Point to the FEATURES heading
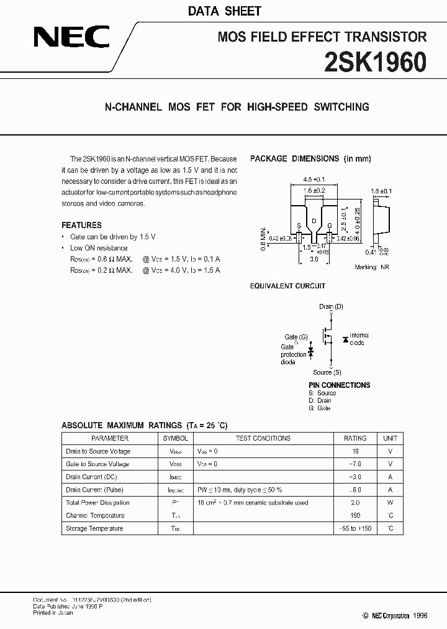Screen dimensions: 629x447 pos(81,225)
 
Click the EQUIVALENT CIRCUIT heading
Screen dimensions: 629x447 pos(287,286)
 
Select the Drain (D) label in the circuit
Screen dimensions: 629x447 pos(331,306)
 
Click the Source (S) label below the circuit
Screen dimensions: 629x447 pos(327,372)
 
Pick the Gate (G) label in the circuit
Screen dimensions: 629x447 pos(296,336)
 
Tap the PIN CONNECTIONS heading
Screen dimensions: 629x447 pos(339,385)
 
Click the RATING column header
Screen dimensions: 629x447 pos(355,438)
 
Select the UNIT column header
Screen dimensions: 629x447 pos(390,438)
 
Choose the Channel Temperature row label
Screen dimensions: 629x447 pos(95,515)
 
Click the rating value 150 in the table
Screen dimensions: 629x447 pos(355,515)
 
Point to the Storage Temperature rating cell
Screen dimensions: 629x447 pos(355,528)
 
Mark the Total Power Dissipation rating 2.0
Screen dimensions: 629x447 pos(355,503)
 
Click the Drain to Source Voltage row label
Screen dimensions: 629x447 pos(97,451)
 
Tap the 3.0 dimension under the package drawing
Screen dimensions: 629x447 pos(314,259)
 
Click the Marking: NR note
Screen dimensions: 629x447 pos(376,267)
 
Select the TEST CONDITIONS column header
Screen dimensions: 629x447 pos(263,438)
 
